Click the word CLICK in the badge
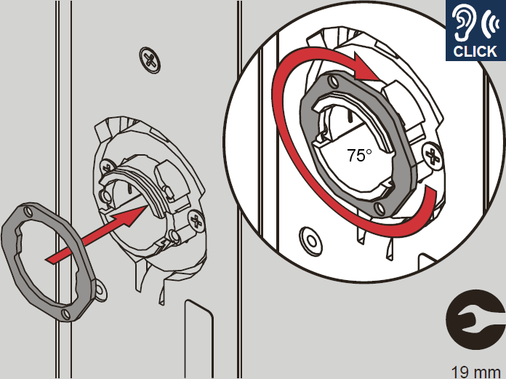[475, 52]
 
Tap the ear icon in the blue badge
[463, 23]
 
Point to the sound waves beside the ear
[489, 23]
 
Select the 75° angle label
[359, 155]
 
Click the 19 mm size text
[475, 372]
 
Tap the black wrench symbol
[475, 319]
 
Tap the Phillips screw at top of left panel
[150, 60]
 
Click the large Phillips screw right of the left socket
[196, 221]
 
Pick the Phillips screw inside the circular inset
[433, 156]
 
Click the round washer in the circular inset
[310, 242]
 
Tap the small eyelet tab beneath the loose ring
[101, 290]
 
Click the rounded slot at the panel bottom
[198, 339]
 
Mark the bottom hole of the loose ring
[66, 314]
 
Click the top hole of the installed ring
[334, 81]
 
